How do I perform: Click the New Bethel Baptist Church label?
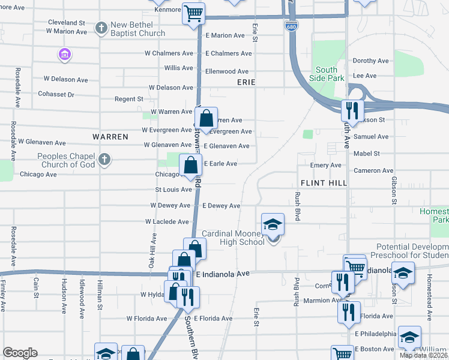coord(137,28)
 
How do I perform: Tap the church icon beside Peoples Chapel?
coord(104,159)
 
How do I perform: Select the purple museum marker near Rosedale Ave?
coord(64,55)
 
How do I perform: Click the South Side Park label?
coord(327,74)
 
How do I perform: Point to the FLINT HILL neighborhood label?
coord(323,182)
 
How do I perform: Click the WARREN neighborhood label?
coord(110,137)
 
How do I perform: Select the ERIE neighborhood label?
coord(246,82)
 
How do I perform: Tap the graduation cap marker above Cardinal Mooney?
coord(273,224)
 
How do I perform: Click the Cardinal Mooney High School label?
coord(233,238)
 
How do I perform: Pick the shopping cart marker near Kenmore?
coord(193,13)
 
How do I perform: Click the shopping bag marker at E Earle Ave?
coord(190,165)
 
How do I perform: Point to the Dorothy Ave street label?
coord(370,61)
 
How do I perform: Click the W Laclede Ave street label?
coord(167,221)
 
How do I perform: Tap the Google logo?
coord(20,353)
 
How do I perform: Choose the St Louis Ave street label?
coord(173,190)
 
